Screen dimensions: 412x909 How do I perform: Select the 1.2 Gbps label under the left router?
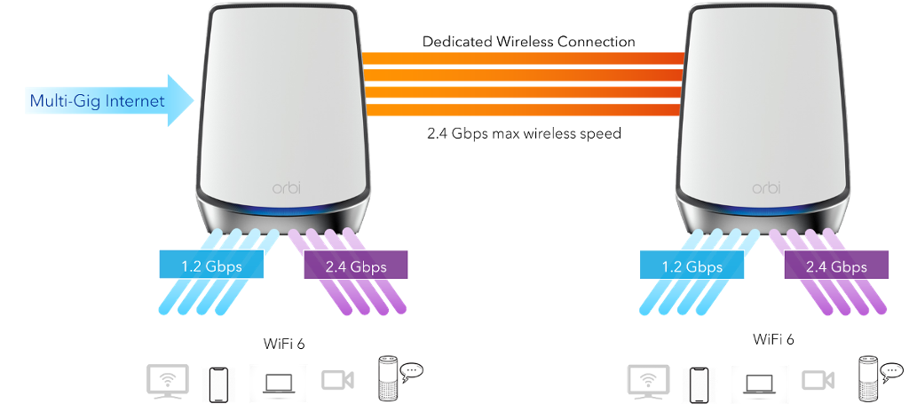[x=212, y=265]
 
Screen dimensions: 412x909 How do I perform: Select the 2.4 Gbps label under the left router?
[x=357, y=265]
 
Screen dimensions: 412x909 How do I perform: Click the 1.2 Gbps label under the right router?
[x=692, y=265]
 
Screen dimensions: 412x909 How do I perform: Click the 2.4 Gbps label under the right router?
[x=836, y=265]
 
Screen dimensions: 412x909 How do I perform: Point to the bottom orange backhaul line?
[x=524, y=109]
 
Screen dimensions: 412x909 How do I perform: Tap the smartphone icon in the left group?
[x=218, y=384]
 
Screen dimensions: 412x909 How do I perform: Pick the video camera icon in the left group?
[x=337, y=380]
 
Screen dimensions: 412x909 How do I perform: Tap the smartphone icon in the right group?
[x=699, y=384]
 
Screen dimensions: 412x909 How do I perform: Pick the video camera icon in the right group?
[x=818, y=380]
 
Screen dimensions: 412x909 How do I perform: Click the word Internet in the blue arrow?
[x=135, y=100]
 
